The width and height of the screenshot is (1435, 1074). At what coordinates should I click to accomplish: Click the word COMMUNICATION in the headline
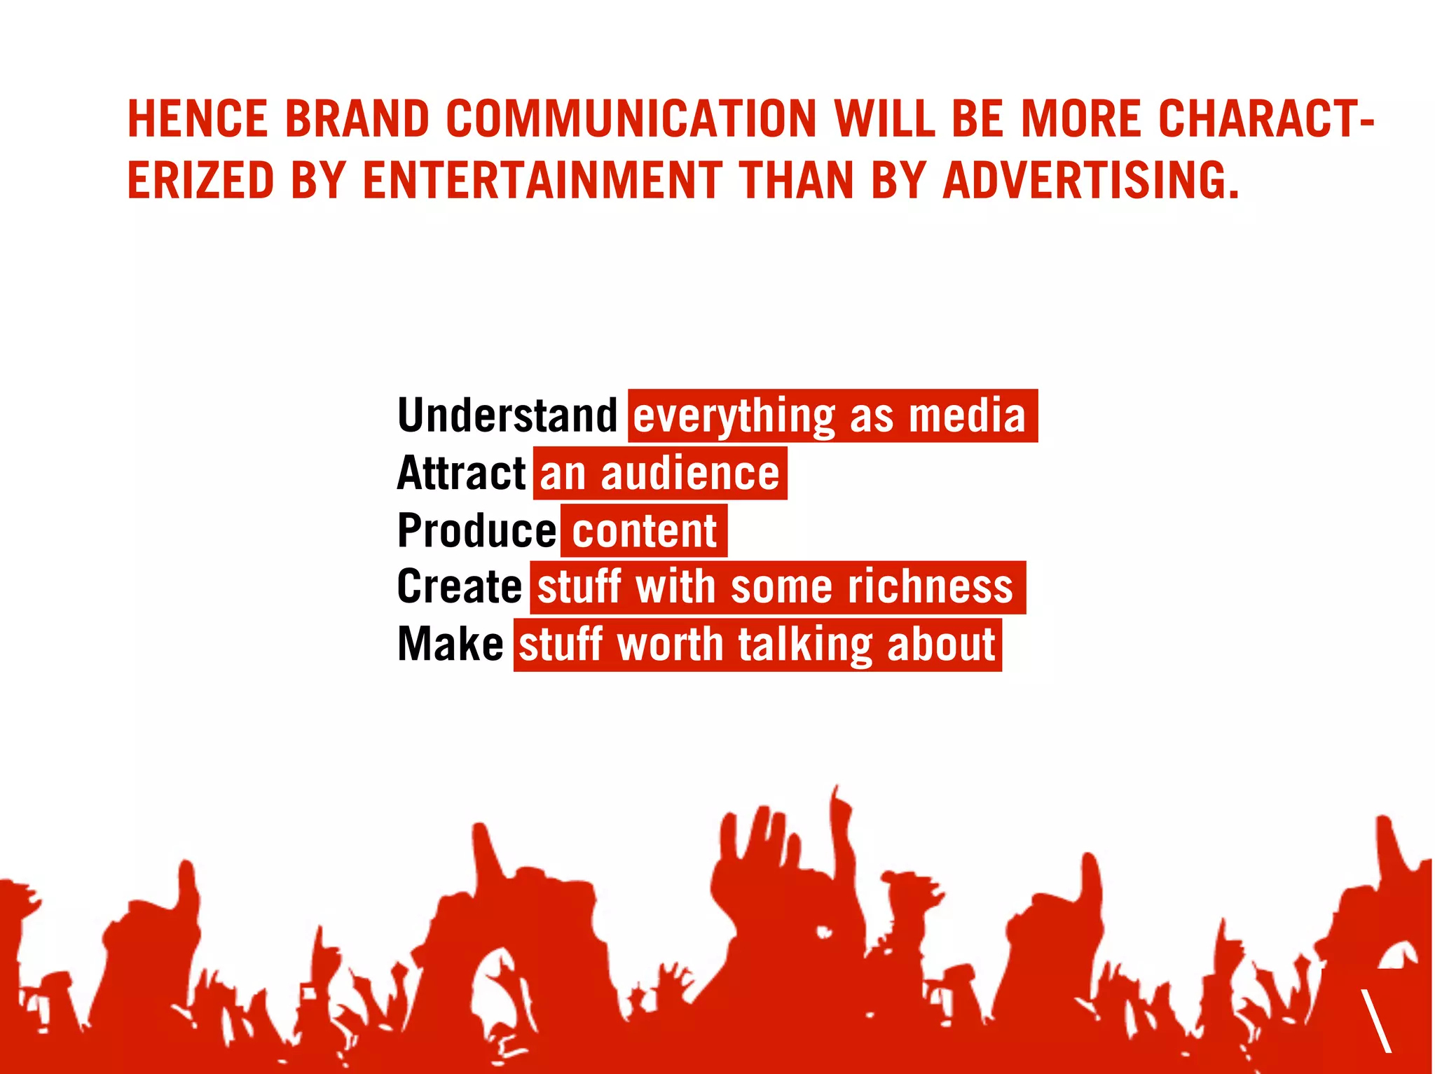pos(631,119)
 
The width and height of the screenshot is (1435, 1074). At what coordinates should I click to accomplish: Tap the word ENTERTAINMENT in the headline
pos(542,181)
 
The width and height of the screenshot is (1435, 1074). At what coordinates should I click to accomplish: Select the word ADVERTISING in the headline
pos(1090,181)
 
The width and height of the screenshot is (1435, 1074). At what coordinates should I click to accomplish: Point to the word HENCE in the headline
pos(198,119)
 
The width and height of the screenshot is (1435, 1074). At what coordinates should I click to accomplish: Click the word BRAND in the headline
pos(357,119)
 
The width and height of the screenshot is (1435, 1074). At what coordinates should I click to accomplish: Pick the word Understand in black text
pos(507,415)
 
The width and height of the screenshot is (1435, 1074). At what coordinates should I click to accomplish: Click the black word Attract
pos(461,474)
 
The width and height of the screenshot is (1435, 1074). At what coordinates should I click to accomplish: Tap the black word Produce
pos(476,530)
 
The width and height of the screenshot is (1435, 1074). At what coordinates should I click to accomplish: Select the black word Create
pos(459,587)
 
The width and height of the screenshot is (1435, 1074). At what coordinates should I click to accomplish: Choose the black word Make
pos(450,645)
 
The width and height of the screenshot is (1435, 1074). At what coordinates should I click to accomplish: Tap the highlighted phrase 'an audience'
pos(659,474)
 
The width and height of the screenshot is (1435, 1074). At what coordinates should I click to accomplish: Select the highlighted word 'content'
pos(644,530)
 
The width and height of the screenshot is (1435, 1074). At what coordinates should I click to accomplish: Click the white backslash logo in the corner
pos(1376,1020)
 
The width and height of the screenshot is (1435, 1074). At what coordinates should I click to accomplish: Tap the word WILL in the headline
pos(885,119)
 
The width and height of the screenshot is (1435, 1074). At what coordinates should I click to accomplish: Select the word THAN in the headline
pos(797,181)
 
